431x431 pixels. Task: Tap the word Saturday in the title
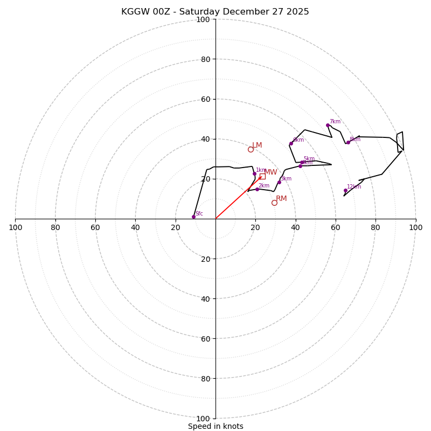click(x=199, y=12)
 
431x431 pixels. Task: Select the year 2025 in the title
click(x=297, y=12)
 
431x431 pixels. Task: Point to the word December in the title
click(x=251, y=12)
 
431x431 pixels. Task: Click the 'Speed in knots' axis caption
click(x=215, y=426)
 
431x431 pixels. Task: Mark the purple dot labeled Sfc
click(x=193, y=217)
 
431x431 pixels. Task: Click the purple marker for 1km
click(x=255, y=173)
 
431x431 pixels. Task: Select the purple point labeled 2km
click(x=257, y=189)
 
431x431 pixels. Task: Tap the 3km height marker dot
click(x=279, y=182)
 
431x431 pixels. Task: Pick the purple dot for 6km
click(x=291, y=143)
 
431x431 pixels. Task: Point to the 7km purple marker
click(x=328, y=125)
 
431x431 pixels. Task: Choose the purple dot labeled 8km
click(x=348, y=142)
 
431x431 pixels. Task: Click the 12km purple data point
click(x=345, y=190)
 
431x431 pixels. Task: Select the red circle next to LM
click(x=251, y=149)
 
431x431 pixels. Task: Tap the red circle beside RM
click(x=274, y=203)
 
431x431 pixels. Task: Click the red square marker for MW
click(x=262, y=176)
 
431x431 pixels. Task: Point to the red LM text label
click(x=257, y=145)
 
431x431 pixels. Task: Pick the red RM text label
click(x=281, y=199)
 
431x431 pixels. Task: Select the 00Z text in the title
click(x=164, y=12)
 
